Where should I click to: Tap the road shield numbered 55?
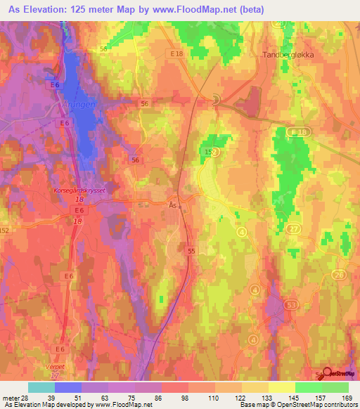[191, 249]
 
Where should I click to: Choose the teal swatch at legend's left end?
[41, 387]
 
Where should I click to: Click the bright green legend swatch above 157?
[309, 387]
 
